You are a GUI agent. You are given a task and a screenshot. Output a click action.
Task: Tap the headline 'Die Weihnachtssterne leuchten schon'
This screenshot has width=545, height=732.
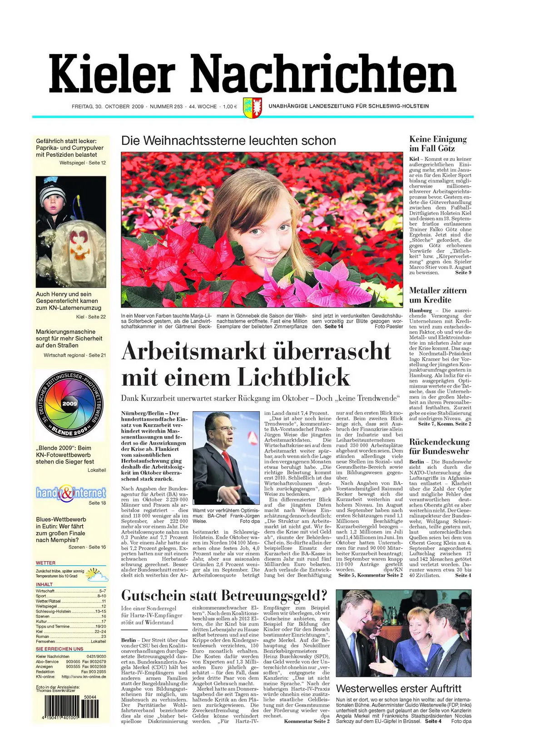[228, 141]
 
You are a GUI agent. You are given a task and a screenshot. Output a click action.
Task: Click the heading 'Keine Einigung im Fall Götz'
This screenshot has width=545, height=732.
[438, 144]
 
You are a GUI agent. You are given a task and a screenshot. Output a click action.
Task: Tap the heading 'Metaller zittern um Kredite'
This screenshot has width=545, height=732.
[437, 295]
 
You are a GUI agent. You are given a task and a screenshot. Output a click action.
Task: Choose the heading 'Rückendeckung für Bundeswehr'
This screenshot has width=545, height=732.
[439, 446]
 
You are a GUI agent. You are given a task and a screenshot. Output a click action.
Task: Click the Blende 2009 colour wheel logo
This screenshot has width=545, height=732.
[70, 404]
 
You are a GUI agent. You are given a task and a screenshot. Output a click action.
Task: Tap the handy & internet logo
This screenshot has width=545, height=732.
[71, 493]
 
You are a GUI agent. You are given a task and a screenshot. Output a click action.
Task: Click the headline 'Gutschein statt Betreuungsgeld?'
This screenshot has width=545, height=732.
[224, 595]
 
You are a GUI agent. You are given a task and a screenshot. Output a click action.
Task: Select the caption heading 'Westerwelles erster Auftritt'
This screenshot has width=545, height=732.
[398, 688]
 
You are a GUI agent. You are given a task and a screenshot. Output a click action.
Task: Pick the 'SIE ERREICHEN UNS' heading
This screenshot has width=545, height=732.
[59, 649]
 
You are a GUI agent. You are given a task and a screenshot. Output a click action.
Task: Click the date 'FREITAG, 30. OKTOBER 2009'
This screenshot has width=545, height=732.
[108, 107]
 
